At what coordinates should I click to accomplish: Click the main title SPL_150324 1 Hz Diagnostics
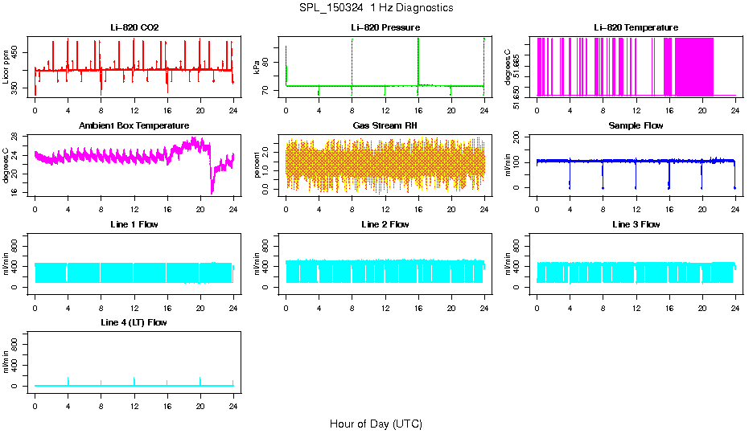click(376, 8)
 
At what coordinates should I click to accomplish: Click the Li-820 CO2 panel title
click(134, 28)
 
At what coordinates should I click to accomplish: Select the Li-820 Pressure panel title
click(385, 28)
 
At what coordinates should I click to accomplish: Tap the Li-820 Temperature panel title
click(636, 28)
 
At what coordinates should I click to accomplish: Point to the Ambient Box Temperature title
click(134, 126)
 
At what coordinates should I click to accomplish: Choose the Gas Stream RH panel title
click(385, 126)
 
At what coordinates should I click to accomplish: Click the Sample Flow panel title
click(636, 126)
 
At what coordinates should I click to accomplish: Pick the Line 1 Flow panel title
click(134, 224)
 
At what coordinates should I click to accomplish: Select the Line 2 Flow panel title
click(385, 224)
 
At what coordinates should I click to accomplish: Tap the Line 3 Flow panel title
click(636, 224)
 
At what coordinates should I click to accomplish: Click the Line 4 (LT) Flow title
click(134, 322)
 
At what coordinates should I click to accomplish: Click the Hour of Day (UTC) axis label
click(376, 424)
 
